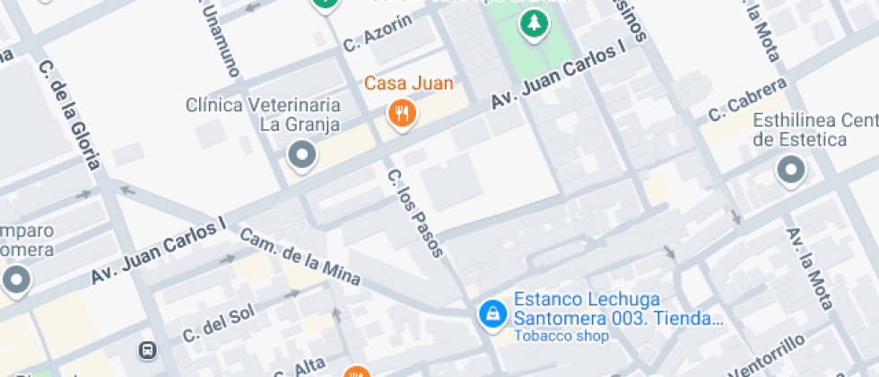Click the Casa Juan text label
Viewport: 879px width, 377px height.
[408, 83]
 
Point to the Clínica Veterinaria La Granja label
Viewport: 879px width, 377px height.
[263, 114]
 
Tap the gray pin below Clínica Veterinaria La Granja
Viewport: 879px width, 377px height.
[301, 156]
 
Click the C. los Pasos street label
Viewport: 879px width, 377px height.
[415, 212]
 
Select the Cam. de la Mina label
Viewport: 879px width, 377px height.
[300, 257]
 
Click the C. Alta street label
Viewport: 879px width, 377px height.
[299, 366]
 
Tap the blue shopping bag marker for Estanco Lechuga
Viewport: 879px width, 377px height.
[492, 313]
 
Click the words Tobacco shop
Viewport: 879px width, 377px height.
[561, 337]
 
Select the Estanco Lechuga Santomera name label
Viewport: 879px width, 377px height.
[617, 309]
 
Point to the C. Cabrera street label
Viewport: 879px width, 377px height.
[747, 99]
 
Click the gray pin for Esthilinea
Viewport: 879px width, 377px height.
[791, 170]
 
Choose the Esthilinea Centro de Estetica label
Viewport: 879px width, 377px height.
[814, 130]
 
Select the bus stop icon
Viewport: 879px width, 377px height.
[147, 349]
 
